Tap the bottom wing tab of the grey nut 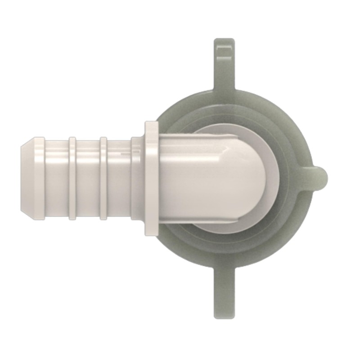(x=224, y=292)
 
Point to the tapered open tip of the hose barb (x=28, y=179)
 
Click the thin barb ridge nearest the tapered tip (x=72, y=179)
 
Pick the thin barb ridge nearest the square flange (x=103, y=179)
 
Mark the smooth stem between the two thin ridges (x=88, y=179)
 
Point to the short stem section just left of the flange (x=137, y=179)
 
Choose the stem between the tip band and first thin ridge (x=56, y=179)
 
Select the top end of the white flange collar (x=151, y=126)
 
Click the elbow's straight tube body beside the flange (x=189, y=179)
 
